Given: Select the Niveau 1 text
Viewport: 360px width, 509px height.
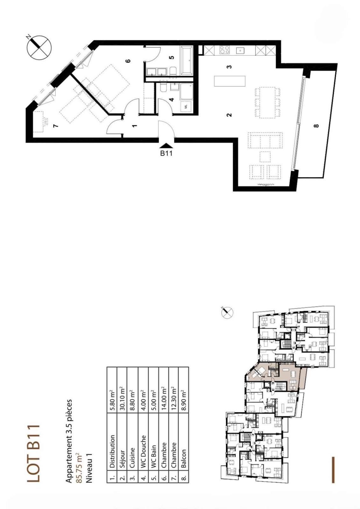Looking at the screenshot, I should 89,468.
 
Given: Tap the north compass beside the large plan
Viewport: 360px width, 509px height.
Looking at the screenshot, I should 39,47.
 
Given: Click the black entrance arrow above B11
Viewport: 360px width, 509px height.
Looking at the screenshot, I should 166,145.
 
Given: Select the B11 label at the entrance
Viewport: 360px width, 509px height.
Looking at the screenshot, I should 166,154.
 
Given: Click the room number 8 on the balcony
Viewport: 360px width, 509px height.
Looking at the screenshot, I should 316,125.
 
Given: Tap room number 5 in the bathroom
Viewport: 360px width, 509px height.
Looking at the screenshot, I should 172,58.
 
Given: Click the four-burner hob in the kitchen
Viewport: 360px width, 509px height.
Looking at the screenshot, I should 224,50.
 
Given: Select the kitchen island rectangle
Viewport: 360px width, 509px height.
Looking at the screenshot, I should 230,81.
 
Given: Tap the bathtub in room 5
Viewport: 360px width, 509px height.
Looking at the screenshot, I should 186,60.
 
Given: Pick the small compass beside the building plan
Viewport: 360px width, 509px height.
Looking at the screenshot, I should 227,312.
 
